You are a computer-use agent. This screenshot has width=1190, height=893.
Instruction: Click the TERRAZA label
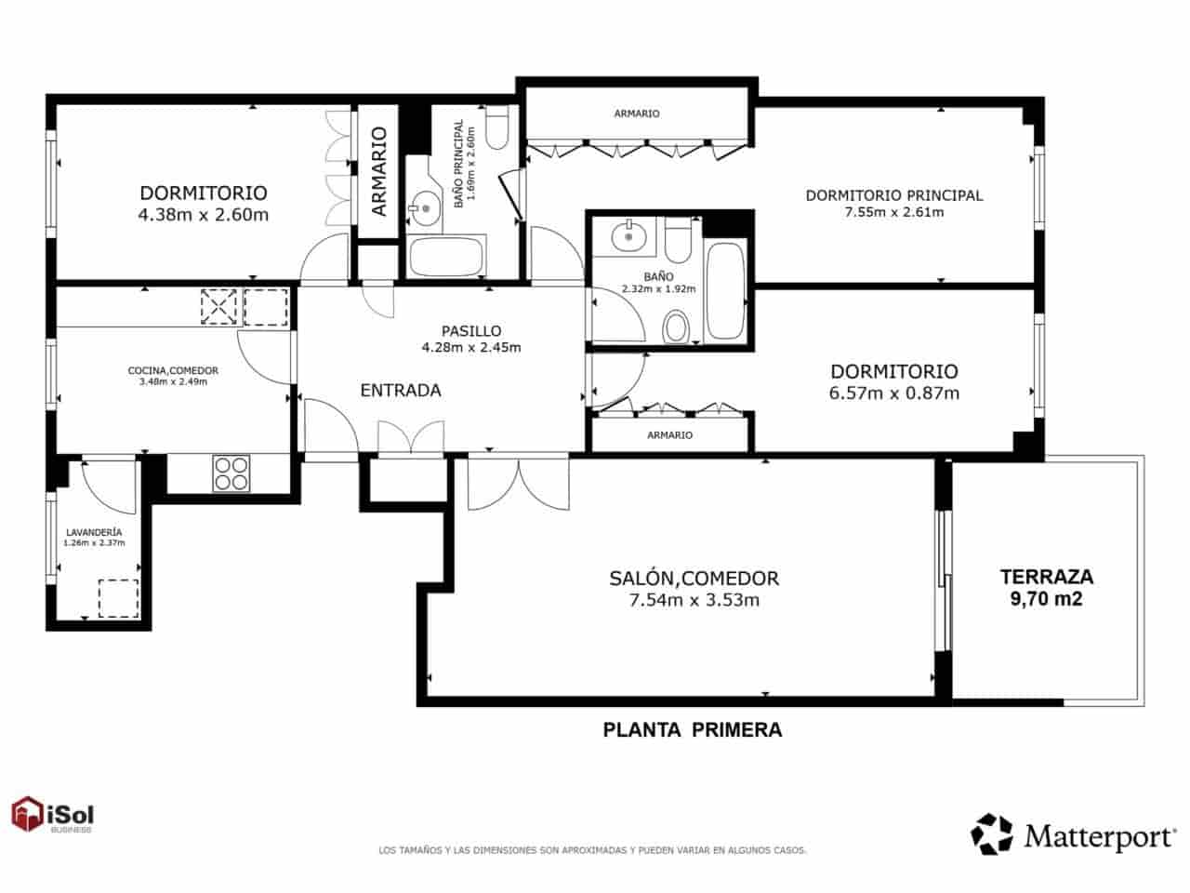[x=1046, y=576]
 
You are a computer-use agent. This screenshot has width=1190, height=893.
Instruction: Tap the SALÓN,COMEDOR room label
[x=694, y=578]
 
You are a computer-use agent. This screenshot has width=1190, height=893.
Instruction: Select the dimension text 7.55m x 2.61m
[x=893, y=212]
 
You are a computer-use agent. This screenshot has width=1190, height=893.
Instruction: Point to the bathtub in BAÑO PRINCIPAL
[x=446, y=256]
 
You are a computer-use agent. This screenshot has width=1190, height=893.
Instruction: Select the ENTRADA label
[x=400, y=391]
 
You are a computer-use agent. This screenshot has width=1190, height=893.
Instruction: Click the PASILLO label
[x=470, y=330]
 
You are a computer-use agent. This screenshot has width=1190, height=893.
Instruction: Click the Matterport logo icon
[x=992, y=833]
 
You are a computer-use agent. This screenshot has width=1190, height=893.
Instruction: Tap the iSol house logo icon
[x=28, y=815]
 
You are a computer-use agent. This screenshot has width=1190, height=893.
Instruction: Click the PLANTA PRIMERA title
[x=693, y=730]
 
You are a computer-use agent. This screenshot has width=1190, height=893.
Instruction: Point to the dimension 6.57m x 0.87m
[x=893, y=393]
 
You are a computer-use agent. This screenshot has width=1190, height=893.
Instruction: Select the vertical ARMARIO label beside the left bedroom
[x=378, y=171]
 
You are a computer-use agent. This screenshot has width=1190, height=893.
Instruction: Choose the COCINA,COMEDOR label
[x=173, y=370]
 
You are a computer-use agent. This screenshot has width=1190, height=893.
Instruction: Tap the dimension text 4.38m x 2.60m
[x=203, y=215]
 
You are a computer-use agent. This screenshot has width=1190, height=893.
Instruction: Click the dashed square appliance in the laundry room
[x=118, y=598]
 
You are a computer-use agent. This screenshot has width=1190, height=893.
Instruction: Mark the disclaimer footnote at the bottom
[x=591, y=850]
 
